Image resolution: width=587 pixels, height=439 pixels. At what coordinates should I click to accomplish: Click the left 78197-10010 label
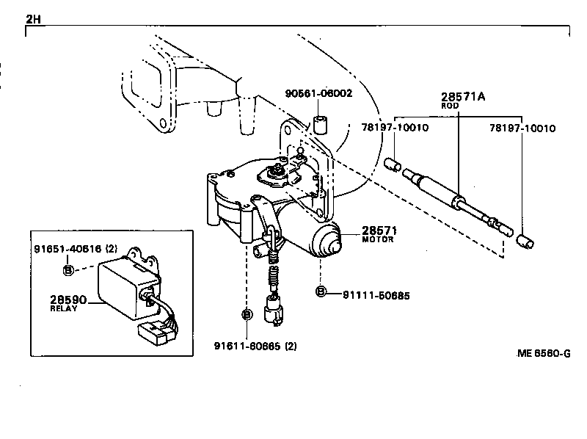coord(395,128)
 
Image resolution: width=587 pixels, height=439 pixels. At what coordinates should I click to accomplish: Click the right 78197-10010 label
coord(522,128)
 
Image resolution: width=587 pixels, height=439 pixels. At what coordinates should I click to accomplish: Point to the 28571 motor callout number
coord(376,231)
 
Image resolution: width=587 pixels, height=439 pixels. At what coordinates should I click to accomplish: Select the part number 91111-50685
coord(376,295)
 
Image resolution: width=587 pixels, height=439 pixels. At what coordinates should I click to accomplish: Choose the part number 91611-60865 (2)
coord(256,345)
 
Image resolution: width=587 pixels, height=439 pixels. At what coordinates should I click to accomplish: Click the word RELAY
coord(64,309)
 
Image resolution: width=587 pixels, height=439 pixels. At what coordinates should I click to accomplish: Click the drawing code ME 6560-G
coord(543,353)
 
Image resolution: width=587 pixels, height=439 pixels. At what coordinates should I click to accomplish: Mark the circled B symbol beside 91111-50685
coord(321,293)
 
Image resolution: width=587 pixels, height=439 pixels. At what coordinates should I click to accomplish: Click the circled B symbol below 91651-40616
coord(68,269)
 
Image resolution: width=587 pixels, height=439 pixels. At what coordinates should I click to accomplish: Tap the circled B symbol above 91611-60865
coord(247,315)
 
